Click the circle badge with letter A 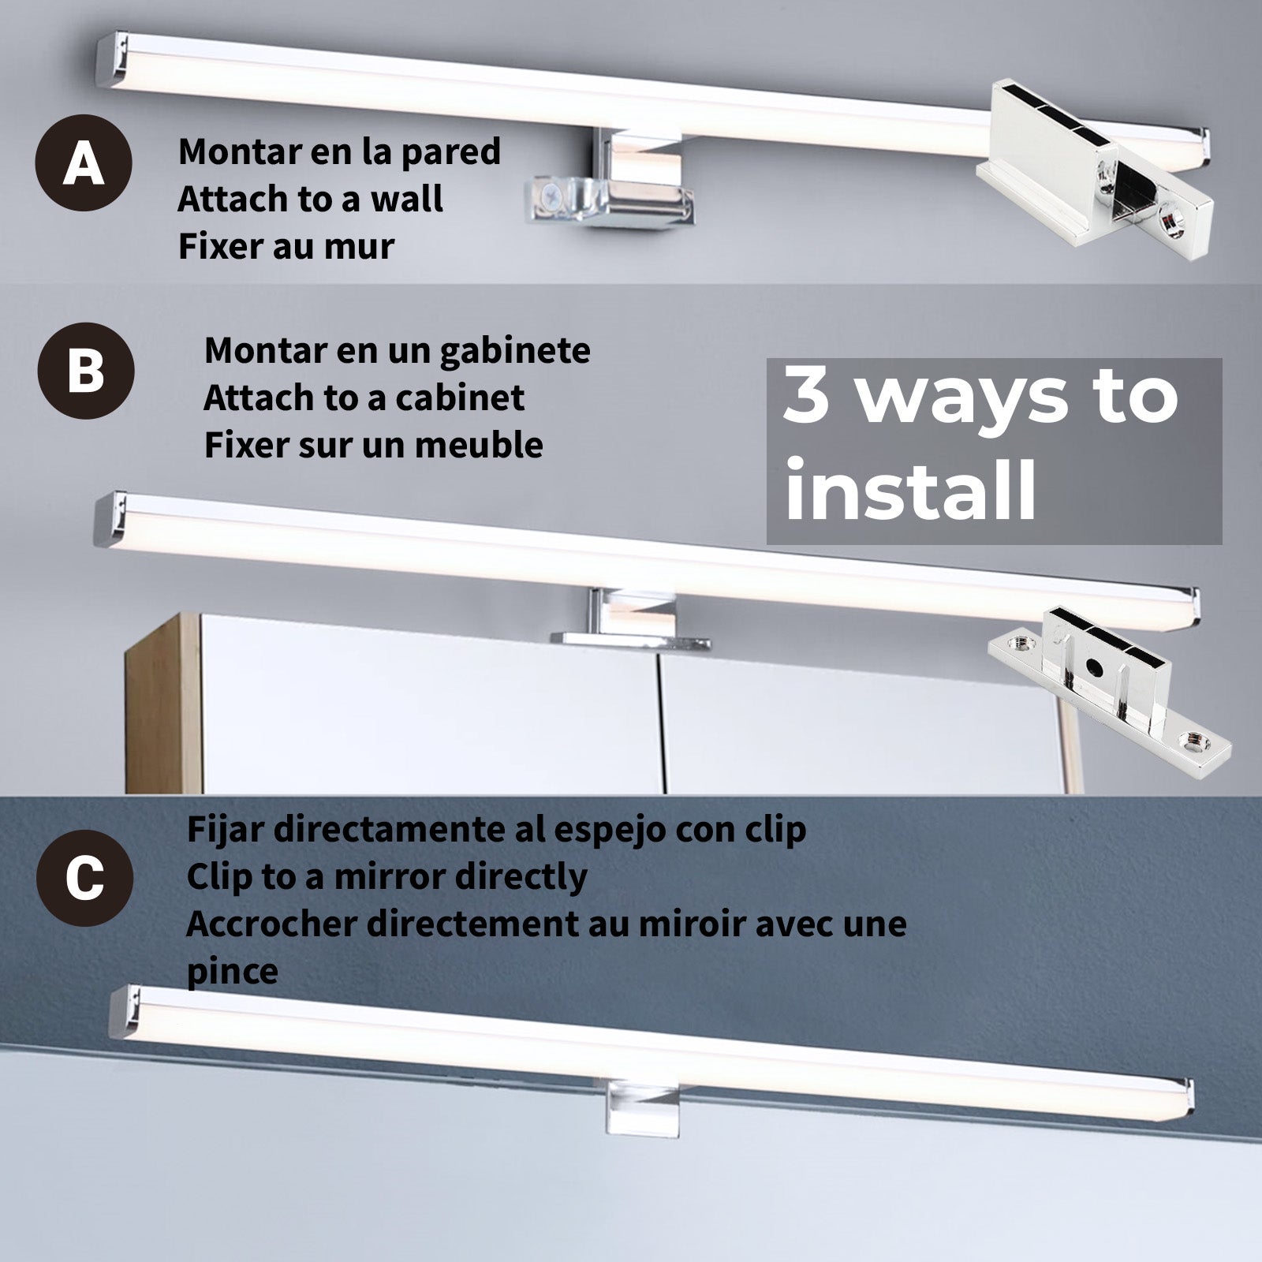pyautogui.click(x=83, y=162)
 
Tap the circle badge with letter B pyautogui.click(x=86, y=370)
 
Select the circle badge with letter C pyautogui.click(x=84, y=877)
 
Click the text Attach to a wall pyautogui.click(x=310, y=199)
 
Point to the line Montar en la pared pyautogui.click(x=339, y=151)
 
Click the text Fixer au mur pyautogui.click(x=286, y=246)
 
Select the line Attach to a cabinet pyautogui.click(x=364, y=398)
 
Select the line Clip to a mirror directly pyautogui.click(x=386, y=876)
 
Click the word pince pyautogui.click(x=232, y=971)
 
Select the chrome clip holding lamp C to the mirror pyautogui.click(x=641, y=1107)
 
